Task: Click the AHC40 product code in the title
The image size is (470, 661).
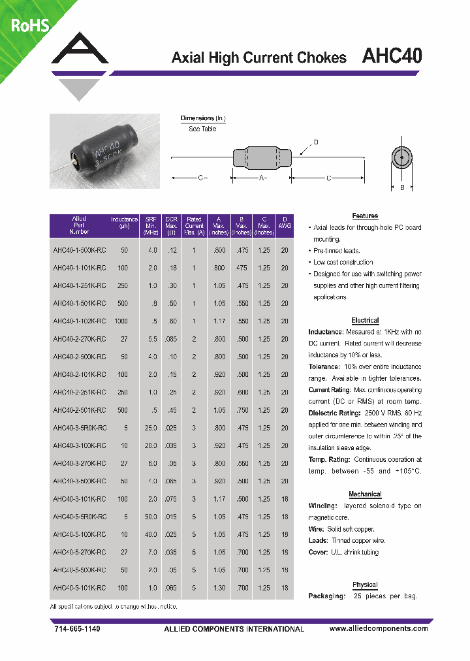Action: tap(392, 57)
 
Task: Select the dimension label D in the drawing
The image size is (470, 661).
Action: tap(316, 142)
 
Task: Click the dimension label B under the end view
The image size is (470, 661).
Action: tap(402, 187)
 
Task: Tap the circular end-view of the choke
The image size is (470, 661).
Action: tap(402, 157)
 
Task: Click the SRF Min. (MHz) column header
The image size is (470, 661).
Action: tap(151, 225)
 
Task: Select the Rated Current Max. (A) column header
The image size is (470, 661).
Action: tap(195, 225)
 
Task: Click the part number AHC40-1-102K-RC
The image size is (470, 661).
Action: tap(79, 321)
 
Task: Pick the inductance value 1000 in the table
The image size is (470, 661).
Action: tap(121, 321)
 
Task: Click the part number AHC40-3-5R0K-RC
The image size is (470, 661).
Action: tap(79, 427)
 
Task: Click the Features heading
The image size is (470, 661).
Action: tap(365, 216)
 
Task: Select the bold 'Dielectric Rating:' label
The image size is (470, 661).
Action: tap(334, 413)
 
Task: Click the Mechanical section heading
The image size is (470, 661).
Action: tap(365, 494)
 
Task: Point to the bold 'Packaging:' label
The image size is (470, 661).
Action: tap(326, 596)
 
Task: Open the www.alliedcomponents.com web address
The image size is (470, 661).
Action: tap(379, 628)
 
